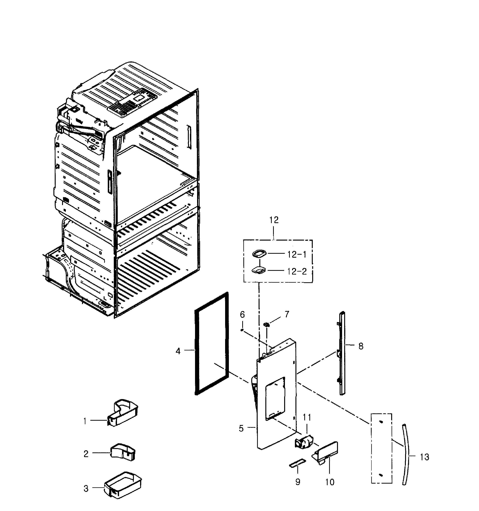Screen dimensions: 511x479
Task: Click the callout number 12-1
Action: (297, 254)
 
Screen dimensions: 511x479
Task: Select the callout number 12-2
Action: (297, 271)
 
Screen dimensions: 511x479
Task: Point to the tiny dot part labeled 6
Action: (242, 330)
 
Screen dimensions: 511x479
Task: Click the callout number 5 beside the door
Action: (241, 429)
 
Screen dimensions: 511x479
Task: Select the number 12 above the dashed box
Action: (274, 220)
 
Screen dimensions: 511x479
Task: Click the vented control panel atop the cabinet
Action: (132, 103)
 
